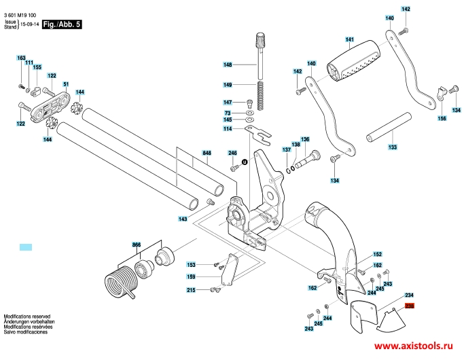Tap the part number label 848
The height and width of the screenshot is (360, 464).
click(x=207, y=154)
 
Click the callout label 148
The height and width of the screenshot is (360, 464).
click(x=228, y=65)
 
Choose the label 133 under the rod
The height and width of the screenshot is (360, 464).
click(x=392, y=147)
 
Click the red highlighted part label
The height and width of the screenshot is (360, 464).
click(x=410, y=306)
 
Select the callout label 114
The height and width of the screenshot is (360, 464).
click(x=228, y=128)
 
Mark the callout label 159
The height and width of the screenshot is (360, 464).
click(x=191, y=276)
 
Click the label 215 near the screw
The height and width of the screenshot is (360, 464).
click(x=191, y=290)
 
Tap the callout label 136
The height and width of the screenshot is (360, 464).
click(x=305, y=139)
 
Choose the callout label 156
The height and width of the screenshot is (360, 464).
click(x=442, y=119)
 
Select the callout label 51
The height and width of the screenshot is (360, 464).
click(x=66, y=84)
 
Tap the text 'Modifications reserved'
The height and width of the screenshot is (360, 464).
click(x=27, y=317)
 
